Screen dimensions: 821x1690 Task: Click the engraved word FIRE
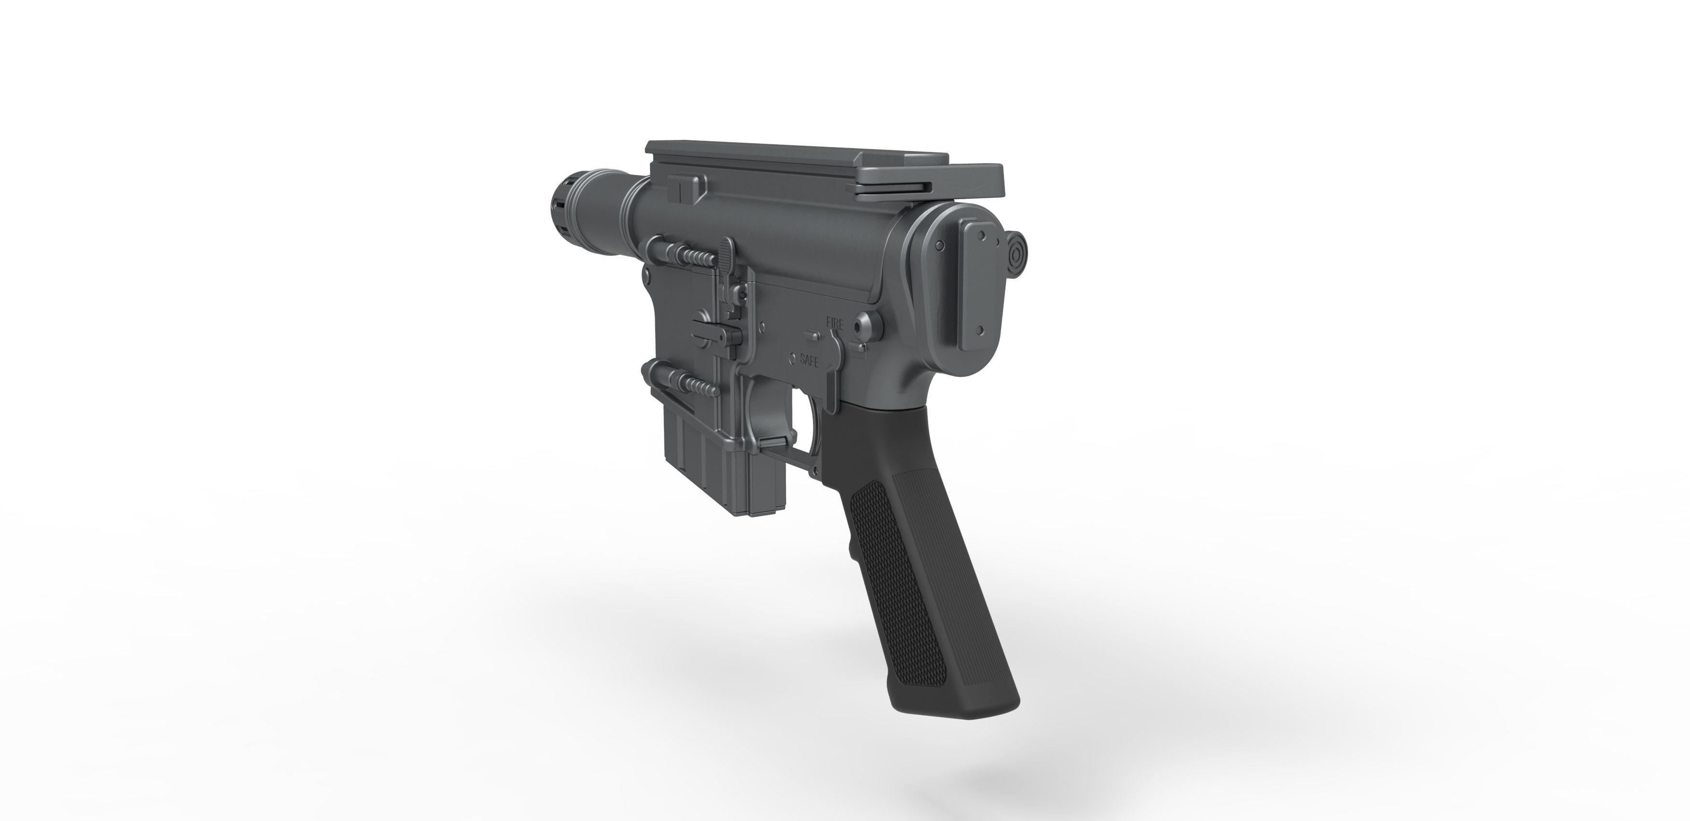[x=834, y=323]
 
